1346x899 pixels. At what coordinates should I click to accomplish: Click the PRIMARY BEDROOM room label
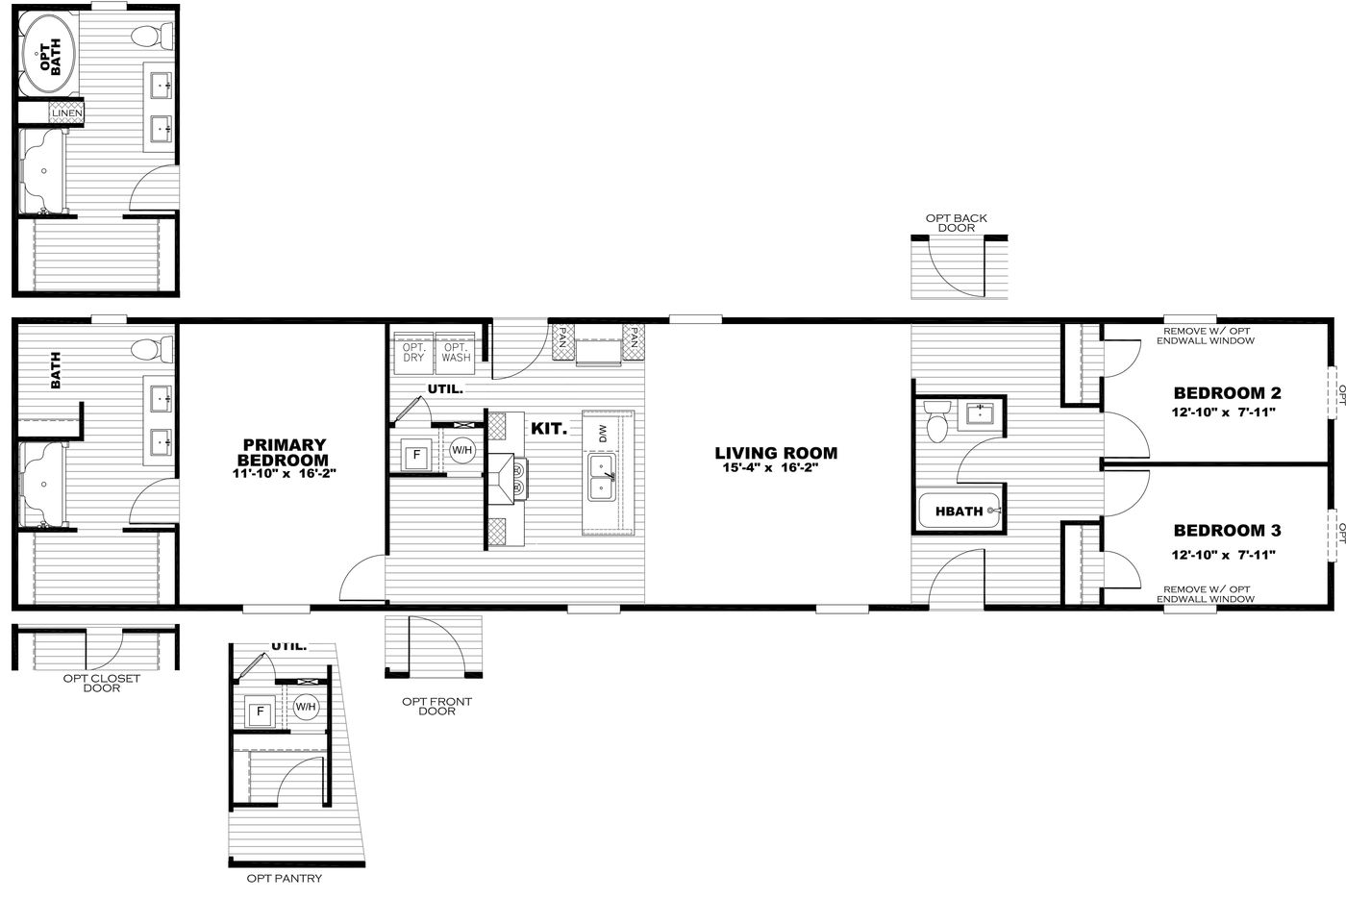click(284, 452)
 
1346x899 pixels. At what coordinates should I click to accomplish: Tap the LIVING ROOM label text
click(776, 453)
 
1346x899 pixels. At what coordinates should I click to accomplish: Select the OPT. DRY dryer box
click(413, 352)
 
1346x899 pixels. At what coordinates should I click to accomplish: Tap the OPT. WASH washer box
click(456, 352)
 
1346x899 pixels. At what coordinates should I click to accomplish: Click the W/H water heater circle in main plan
click(462, 450)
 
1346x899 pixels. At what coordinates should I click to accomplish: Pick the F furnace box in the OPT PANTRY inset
click(258, 713)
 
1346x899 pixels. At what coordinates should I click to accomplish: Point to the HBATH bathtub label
click(959, 512)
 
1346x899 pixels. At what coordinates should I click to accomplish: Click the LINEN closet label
click(67, 114)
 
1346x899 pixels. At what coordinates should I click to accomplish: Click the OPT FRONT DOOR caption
click(436, 706)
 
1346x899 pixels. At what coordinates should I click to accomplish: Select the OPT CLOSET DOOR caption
click(101, 683)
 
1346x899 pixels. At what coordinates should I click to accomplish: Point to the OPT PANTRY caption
click(284, 879)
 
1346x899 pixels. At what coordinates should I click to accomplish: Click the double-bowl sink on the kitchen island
click(602, 478)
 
